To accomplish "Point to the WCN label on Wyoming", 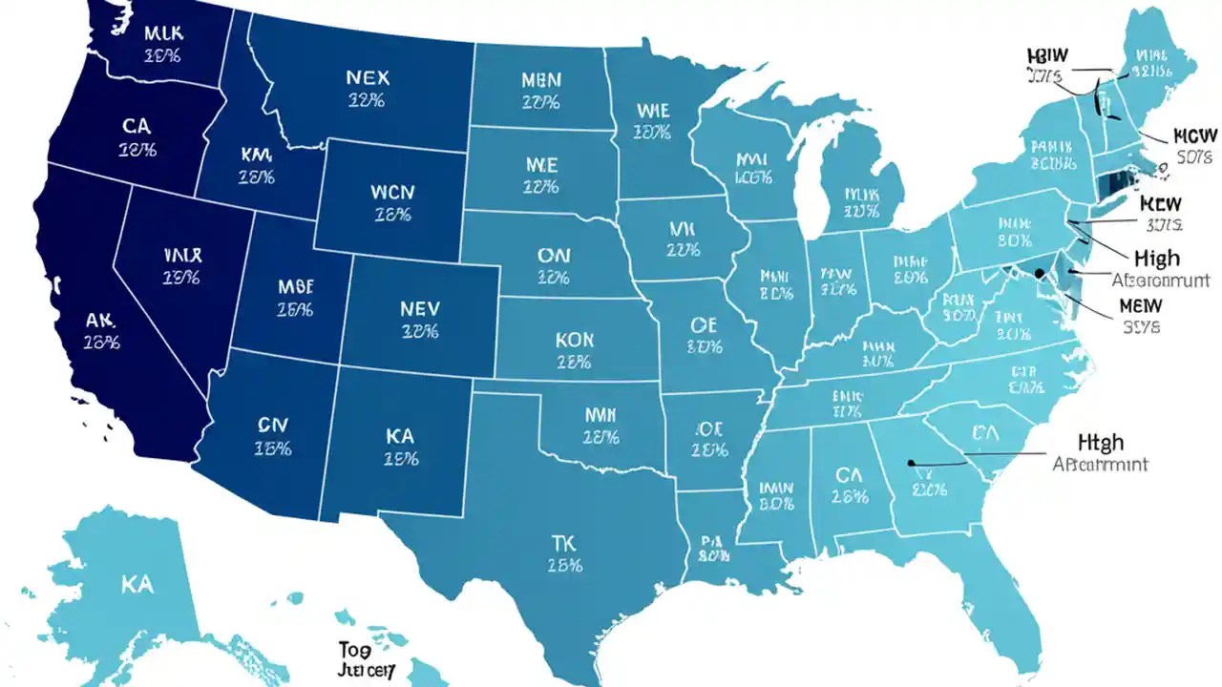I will click(x=392, y=191).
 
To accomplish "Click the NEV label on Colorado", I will click(x=420, y=308).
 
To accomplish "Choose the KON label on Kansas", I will click(x=574, y=339).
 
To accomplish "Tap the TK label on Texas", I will click(x=563, y=542).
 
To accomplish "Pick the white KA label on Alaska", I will click(x=137, y=584).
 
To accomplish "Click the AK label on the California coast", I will click(x=100, y=320).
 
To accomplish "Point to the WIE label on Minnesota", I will click(x=653, y=111).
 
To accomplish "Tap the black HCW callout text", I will click(x=1183, y=135).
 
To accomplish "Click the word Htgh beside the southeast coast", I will click(x=1100, y=442).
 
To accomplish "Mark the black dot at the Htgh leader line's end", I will click(x=913, y=463).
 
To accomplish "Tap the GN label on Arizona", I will click(x=272, y=423).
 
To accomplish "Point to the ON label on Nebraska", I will click(x=553, y=256).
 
